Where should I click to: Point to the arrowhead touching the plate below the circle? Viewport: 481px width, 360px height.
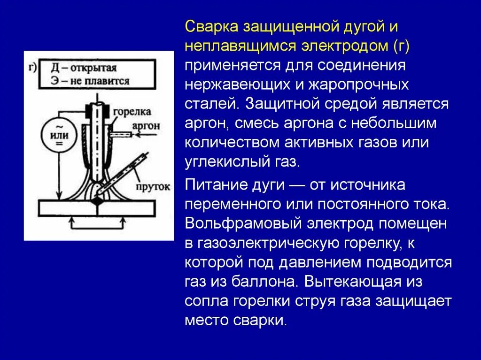(59, 196)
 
